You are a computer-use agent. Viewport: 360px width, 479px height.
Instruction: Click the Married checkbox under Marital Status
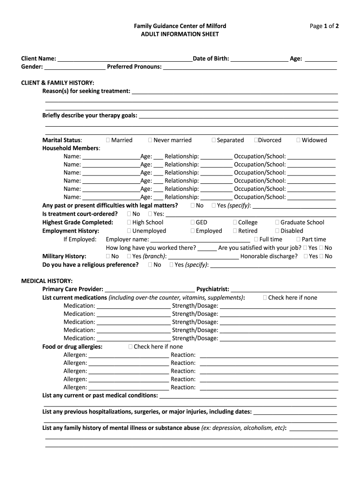(108, 140)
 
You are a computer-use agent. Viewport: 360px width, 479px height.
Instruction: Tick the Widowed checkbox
(298, 140)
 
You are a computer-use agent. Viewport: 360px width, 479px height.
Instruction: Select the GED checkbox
(193, 223)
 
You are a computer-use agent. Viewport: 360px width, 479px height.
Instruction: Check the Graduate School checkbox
(277, 223)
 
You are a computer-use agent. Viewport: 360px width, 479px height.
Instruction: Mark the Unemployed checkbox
(129, 231)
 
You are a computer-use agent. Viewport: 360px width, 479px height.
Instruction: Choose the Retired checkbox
(235, 231)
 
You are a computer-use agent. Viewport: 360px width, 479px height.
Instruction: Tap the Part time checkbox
(298, 239)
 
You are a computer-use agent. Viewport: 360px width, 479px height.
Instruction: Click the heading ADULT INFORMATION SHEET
(180, 35)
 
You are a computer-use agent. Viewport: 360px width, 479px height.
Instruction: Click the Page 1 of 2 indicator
(324, 26)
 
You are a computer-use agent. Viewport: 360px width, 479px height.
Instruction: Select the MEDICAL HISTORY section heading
(47, 281)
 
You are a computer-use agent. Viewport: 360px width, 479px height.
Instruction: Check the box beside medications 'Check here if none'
(265, 298)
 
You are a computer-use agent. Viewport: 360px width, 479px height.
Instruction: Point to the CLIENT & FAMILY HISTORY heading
(58, 83)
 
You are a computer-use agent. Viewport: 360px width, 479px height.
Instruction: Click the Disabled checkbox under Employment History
(277, 231)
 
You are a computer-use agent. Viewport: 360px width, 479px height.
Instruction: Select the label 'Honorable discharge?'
(269, 256)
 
